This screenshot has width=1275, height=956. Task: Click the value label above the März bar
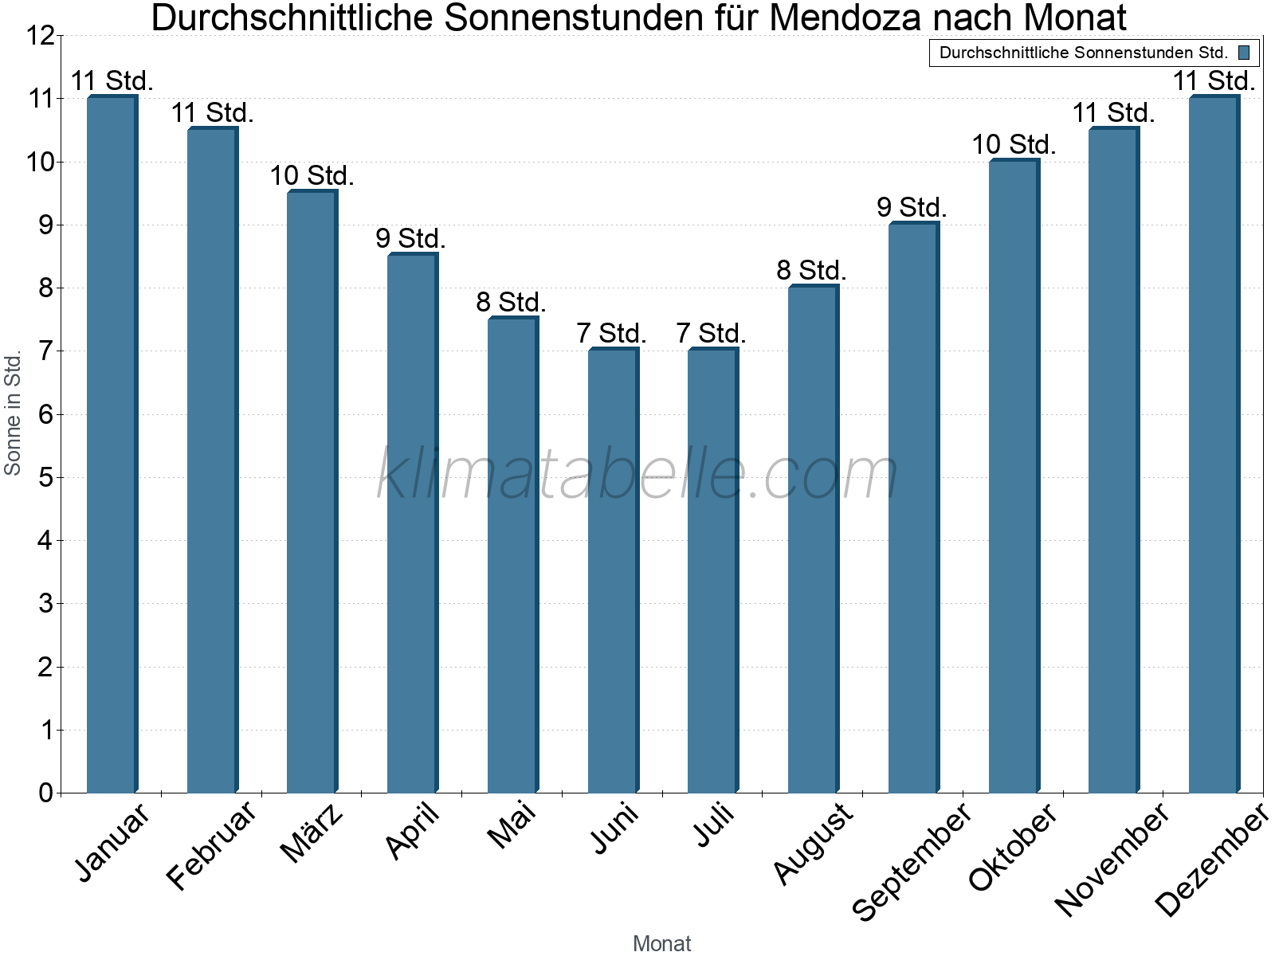(312, 176)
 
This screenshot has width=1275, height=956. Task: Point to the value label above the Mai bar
(511, 303)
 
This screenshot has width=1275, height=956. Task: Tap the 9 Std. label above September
(912, 208)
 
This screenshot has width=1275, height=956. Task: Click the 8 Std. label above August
(811, 271)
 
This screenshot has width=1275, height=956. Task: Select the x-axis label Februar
(211, 846)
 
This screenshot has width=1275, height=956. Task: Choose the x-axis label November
(1112, 859)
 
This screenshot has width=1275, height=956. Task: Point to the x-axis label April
(412, 832)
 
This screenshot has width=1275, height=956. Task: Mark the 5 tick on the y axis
(45, 478)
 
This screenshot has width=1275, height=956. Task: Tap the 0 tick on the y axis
(45, 793)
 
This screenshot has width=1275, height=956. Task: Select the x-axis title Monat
(661, 944)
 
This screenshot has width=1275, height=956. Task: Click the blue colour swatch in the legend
(1244, 53)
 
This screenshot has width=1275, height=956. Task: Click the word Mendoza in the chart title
(845, 18)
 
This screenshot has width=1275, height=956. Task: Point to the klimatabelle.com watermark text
(637, 474)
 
